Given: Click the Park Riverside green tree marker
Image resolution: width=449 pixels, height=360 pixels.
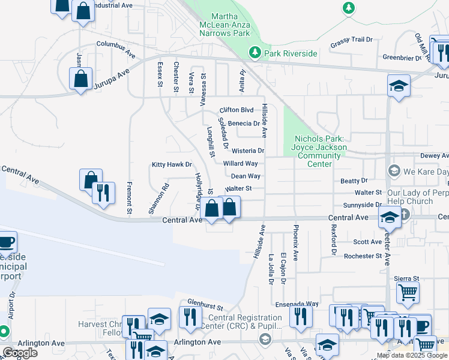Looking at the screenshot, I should pyautogui.click(x=255, y=53).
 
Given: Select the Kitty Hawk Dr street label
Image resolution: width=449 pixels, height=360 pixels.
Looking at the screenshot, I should pyautogui.click(x=172, y=164).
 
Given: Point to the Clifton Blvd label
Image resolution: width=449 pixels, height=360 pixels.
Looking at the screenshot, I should pyautogui.click(x=237, y=110).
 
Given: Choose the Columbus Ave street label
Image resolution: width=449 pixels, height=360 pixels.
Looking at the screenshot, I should pyautogui.click(x=116, y=48).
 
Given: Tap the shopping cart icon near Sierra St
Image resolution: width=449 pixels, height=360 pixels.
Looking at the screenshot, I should pyautogui.click(x=408, y=292).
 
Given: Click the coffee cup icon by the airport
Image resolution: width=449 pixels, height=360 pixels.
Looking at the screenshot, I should pyautogui.click(x=6, y=242).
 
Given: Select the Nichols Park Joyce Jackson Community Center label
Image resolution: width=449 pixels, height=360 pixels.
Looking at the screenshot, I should pyautogui.click(x=319, y=151).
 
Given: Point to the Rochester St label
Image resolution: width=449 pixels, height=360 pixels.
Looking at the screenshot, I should pyautogui.click(x=363, y=256).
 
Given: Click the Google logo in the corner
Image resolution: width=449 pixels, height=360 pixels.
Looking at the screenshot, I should pyautogui.click(x=20, y=353).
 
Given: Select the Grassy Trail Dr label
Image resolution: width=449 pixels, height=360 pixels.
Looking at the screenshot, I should pyautogui.click(x=351, y=43).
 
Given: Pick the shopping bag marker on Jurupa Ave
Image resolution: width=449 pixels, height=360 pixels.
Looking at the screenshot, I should pyautogui.click(x=80, y=79).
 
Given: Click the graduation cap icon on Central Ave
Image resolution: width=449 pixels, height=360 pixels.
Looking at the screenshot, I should pyautogui.click(x=390, y=218).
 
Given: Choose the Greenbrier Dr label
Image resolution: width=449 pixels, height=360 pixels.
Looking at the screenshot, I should pyautogui.click(x=402, y=58).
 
